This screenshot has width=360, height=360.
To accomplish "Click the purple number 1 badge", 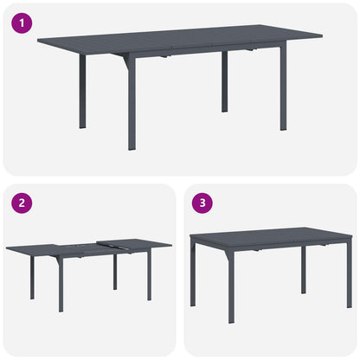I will (x=19, y=23).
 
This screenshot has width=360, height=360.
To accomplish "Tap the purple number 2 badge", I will (x=19, y=204).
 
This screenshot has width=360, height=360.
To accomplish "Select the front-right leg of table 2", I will (x=150, y=277).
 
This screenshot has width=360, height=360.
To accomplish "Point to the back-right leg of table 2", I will (x=114, y=271).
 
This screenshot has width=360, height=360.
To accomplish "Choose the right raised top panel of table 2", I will (x=134, y=245).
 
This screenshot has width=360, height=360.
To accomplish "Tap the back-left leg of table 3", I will (x=192, y=273).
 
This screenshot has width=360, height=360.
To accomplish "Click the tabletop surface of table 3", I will (x=268, y=235).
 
